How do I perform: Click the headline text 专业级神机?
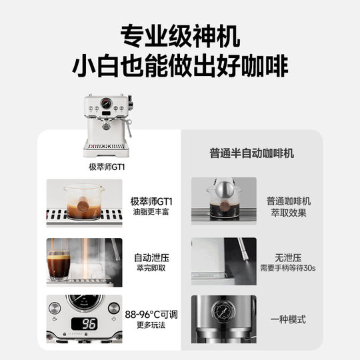180,34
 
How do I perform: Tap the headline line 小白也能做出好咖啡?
180,67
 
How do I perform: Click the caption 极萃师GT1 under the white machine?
107,167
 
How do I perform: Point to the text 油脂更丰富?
152,213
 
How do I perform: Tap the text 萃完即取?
152,267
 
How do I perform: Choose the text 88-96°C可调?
152,313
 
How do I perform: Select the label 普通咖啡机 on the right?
289,200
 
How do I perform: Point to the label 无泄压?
289,255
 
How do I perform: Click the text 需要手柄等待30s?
289,267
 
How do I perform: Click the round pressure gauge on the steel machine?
220,312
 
